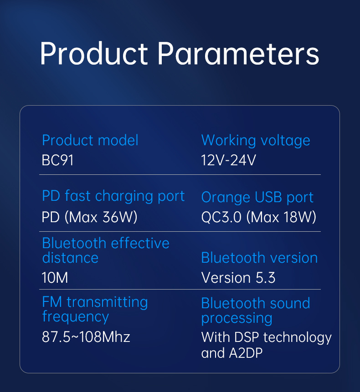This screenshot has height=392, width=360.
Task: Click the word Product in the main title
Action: [x=94, y=53]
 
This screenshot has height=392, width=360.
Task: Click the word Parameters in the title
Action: [x=238, y=53]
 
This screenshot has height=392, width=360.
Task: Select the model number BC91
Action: [x=57, y=160]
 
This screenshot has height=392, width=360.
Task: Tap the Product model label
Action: [x=90, y=140]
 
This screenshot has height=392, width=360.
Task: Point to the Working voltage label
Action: [x=256, y=141]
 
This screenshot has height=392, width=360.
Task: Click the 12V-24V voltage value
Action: [x=229, y=160]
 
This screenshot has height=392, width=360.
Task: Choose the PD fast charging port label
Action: [x=113, y=196]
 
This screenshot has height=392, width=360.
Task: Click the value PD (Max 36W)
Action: [x=90, y=217]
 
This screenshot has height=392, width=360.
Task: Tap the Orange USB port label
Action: [x=257, y=198]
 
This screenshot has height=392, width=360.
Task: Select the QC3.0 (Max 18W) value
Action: [x=259, y=217]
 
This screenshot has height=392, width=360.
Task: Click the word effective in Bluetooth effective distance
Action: [x=140, y=243]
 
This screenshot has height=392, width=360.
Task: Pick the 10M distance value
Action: [x=55, y=278]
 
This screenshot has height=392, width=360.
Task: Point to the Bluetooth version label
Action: [x=259, y=258]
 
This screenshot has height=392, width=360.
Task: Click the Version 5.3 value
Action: [x=238, y=278]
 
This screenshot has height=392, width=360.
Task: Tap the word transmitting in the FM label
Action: [x=108, y=302]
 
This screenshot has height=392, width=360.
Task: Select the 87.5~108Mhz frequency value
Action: [x=86, y=337]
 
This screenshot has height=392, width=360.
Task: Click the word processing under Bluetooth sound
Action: [x=237, y=319]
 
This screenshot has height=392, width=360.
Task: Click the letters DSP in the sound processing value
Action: [x=247, y=337]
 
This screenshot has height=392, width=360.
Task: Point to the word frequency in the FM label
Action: [x=75, y=317]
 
